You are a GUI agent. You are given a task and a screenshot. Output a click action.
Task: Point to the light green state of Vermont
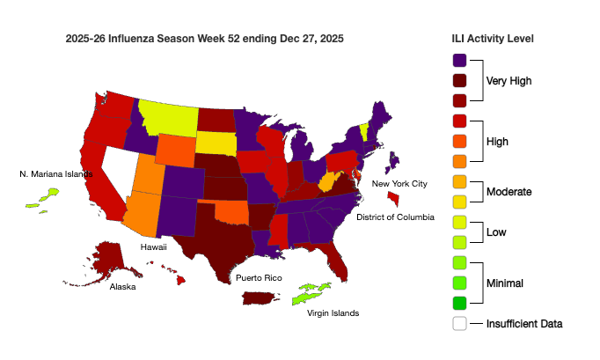[x=364, y=132]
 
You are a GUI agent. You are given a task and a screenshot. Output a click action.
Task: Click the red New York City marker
[x=392, y=199]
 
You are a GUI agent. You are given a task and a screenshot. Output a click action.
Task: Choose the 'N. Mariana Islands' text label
[x=55, y=174]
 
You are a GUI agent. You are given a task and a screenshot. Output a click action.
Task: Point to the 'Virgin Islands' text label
[x=333, y=313]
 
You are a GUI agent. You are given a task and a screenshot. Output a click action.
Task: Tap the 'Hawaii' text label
[x=154, y=248]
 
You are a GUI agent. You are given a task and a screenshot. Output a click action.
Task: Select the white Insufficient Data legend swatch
[x=459, y=323]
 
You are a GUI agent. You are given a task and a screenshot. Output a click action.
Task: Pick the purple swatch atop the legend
[x=459, y=61]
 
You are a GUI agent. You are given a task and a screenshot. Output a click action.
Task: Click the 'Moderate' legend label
[x=509, y=191]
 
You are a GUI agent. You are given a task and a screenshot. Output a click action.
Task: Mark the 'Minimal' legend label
[x=505, y=283]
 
